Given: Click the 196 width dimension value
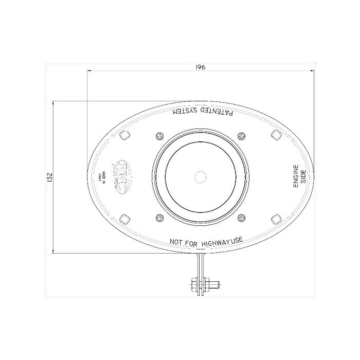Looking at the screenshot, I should (x=201, y=67).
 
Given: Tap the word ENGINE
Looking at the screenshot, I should (x=296, y=176).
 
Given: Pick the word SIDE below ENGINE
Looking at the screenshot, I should (x=303, y=176).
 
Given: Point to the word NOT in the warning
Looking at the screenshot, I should (x=177, y=241).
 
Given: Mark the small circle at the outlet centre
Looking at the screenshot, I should (x=200, y=176).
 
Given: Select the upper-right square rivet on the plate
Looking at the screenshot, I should (x=276, y=135).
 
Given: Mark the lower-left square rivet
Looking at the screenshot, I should (x=124, y=218).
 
